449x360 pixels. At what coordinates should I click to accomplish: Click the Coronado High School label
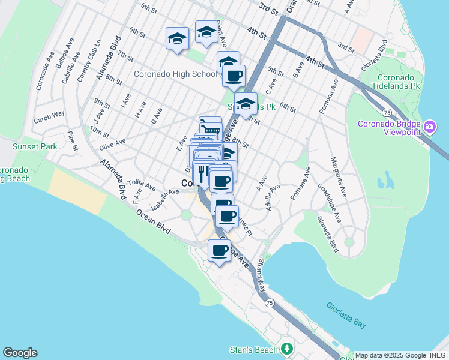175,74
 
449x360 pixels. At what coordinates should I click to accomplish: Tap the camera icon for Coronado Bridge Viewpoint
430,127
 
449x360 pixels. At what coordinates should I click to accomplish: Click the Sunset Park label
35,146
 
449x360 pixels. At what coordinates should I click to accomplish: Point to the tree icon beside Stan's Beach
288,349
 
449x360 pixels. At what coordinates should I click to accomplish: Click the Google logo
20,353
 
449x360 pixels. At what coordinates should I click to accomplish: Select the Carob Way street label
49,114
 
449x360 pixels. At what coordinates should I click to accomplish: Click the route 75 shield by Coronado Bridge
388,112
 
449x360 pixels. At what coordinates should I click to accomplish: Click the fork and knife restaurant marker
203,172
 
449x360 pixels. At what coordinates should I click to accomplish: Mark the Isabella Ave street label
165,199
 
